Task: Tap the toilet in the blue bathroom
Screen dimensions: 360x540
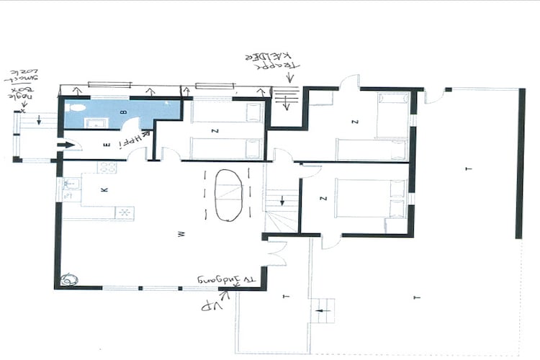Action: tap(77, 107)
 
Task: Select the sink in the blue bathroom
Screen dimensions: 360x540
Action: tap(94, 123)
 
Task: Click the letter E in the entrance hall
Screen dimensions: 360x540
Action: tap(107, 145)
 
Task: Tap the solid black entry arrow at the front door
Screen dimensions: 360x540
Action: tap(66, 145)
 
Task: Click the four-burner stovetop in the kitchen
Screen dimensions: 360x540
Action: tap(107, 167)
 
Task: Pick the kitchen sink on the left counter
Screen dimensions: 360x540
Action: tap(71, 189)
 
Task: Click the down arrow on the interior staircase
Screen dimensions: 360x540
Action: tap(282, 199)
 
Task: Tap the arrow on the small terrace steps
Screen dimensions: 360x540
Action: tap(322, 310)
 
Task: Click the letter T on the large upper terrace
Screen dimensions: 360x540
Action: tap(468, 168)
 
